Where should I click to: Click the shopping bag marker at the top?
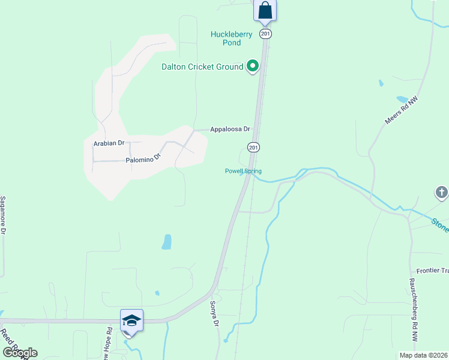click(x=265, y=11)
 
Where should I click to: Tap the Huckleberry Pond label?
click(x=226, y=38)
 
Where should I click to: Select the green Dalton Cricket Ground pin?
click(x=253, y=66)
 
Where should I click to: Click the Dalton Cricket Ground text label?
click(x=202, y=67)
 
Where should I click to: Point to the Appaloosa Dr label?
click(x=229, y=129)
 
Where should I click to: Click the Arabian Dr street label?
click(x=109, y=143)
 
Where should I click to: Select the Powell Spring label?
click(x=243, y=171)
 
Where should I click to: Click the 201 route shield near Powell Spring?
click(x=253, y=147)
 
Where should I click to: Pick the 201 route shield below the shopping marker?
click(x=265, y=34)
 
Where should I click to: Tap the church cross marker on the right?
click(x=441, y=193)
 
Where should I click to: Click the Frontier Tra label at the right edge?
click(x=432, y=271)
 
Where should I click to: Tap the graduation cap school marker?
click(x=131, y=320)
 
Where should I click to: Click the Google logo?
click(x=20, y=353)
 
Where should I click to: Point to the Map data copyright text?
click(x=423, y=355)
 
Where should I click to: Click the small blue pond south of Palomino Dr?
click(x=166, y=242)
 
